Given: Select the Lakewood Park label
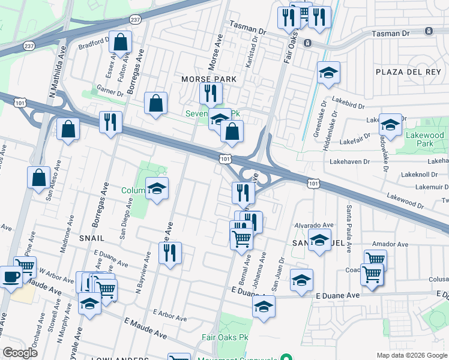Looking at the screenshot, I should coord(424,140).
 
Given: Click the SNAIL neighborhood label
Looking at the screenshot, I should coord(91,238).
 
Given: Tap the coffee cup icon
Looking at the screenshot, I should coord(11,277).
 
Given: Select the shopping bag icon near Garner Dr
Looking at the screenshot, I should coord(156,103).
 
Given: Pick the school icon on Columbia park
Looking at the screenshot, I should coord(157,189).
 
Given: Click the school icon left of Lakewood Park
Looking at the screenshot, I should coord(390,125).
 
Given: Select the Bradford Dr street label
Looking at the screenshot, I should coord(92,43).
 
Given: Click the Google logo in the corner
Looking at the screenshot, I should coord(20,353).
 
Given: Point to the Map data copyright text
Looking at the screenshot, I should coord(411,355).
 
